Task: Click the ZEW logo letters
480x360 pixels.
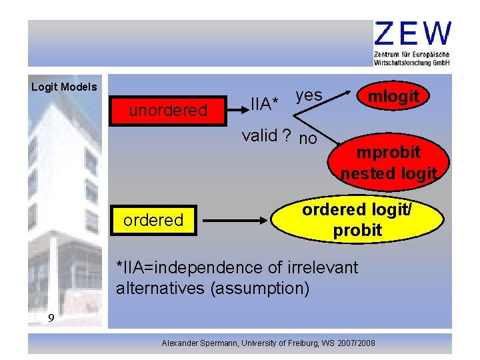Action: [x=413, y=33]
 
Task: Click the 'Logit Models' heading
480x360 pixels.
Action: [x=64, y=87]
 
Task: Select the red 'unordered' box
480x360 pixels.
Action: [x=168, y=110]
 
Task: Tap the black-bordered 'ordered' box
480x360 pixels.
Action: [x=153, y=220]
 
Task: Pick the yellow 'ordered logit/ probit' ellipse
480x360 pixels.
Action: [x=357, y=221]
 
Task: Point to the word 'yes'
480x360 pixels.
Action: [x=309, y=95]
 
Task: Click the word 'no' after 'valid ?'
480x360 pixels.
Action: [x=308, y=139]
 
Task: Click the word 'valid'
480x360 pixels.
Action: [x=259, y=136]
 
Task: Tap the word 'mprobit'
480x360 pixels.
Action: [x=388, y=152]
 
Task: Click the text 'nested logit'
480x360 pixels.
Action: [x=388, y=174]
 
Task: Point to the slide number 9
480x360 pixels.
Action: [x=51, y=318]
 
